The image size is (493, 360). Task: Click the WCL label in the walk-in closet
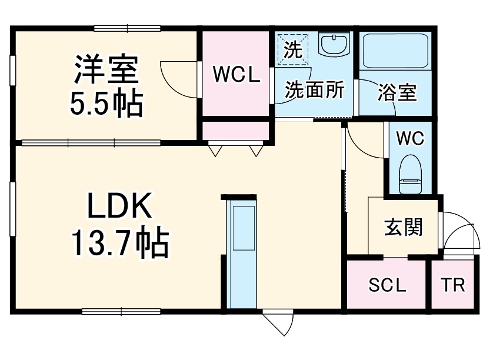(236, 75)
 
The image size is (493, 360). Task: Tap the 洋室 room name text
(106, 69)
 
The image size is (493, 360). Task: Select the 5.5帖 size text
(106, 104)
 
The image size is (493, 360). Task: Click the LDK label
(119, 205)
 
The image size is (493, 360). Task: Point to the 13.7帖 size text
(121, 242)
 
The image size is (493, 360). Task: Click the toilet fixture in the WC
(410, 174)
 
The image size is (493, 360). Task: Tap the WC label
(410, 138)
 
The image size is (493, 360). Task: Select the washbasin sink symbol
(334, 44)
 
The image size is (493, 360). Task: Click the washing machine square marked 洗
(293, 49)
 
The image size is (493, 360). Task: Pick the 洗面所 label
(314, 89)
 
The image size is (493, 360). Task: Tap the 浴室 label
(397, 92)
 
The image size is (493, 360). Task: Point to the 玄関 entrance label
(404, 227)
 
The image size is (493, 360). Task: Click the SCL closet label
(387, 285)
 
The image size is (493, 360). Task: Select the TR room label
(453, 285)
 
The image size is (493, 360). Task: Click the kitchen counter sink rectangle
(244, 228)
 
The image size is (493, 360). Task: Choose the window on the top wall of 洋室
(127, 29)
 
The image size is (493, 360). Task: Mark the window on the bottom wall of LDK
(121, 312)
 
